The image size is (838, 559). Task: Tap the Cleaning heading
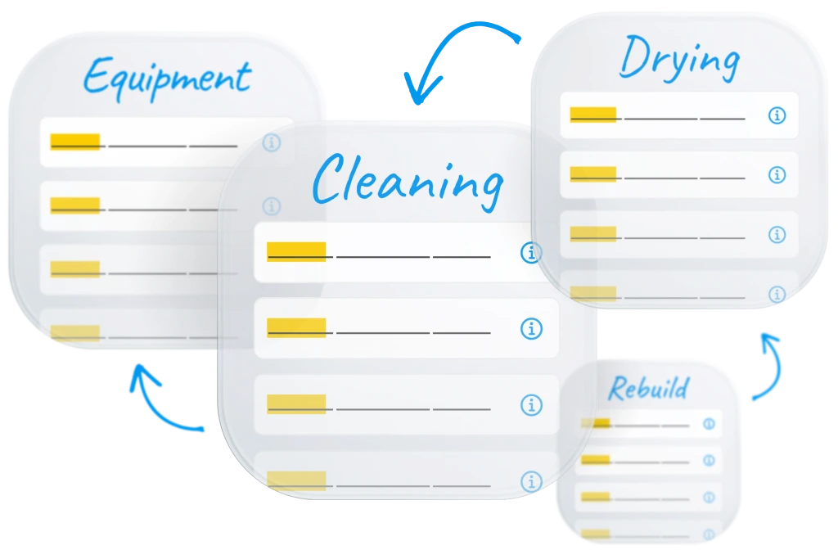407,179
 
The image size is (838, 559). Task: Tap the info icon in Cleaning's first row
531,253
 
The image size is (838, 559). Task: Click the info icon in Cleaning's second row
531,329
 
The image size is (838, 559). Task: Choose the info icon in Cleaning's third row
531,404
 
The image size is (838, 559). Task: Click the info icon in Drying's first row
777,115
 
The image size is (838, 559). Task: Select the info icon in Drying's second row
777,175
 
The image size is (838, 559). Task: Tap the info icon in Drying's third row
777,235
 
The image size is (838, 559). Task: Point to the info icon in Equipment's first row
272,143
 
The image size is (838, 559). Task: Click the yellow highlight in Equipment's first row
75,142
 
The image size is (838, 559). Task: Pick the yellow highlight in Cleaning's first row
296,251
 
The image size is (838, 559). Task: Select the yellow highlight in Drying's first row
592,115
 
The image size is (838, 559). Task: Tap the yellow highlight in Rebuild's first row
596,423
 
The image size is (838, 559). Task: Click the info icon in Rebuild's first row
709,424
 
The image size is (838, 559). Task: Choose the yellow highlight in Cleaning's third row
296,403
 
